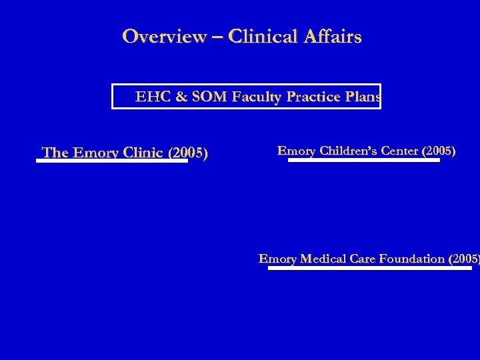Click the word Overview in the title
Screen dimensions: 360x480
click(164, 36)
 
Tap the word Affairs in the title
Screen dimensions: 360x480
click(337, 36)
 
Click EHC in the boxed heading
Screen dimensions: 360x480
click(149, 98)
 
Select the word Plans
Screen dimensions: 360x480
click(361, 98)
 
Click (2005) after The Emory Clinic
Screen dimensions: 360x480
click(188, 153)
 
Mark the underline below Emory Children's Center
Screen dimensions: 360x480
click(364, 160)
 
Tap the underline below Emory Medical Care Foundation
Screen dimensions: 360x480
click(371, 267)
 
